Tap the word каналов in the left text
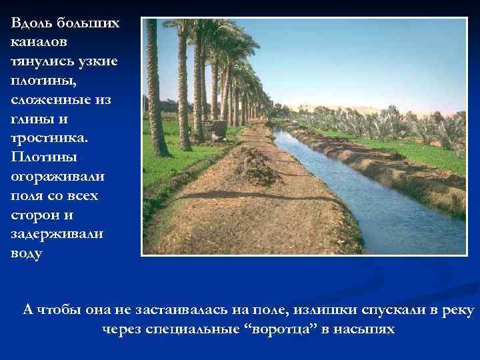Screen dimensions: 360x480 click(x=39, y=42)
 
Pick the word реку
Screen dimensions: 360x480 click(x=458, y=311)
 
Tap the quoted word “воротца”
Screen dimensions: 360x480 click(x=281, y=330)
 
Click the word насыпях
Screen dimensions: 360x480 click(x=366, y=330)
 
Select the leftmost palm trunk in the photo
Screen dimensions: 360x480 click(x=155, y=87)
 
